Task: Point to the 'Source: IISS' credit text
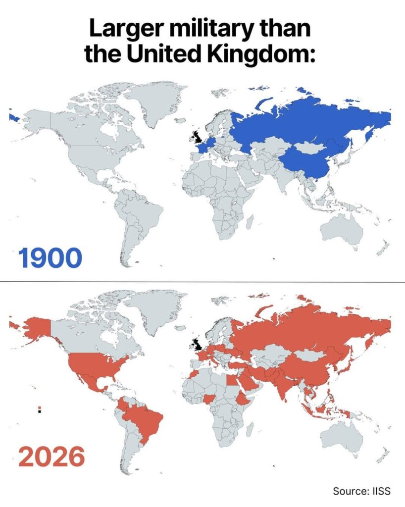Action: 361,491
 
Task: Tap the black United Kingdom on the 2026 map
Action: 197,343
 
